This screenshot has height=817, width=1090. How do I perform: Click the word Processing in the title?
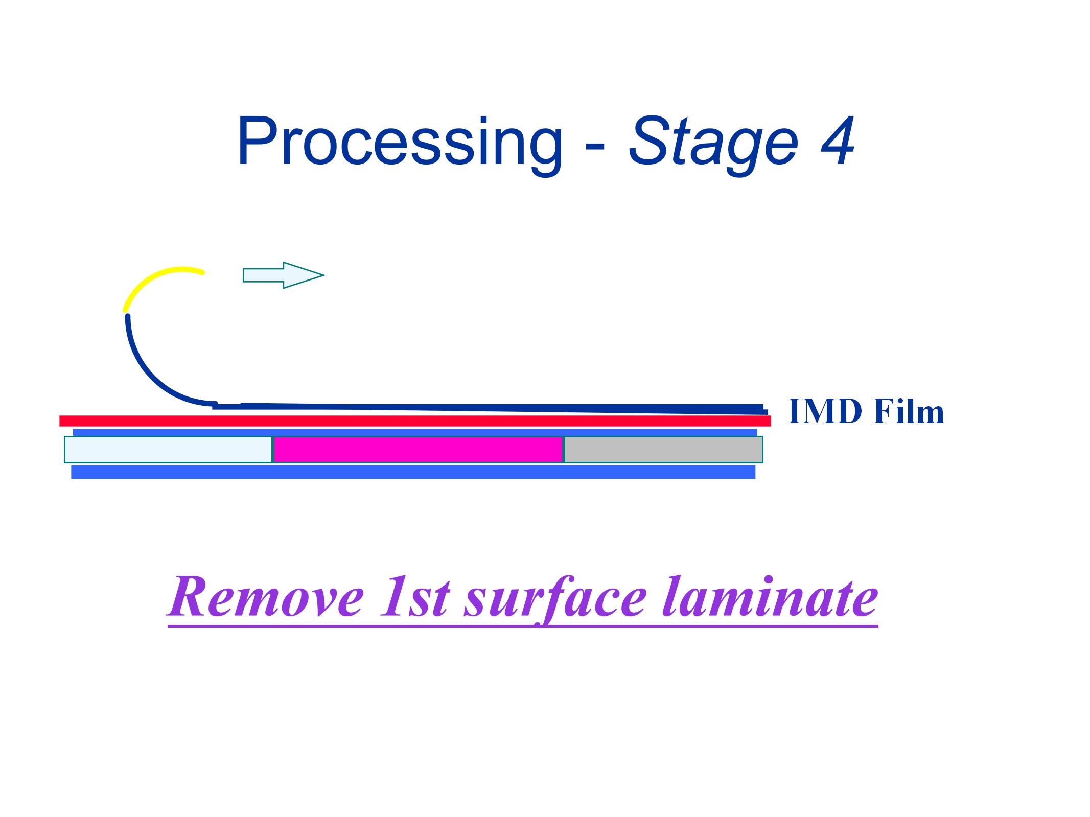click(x=400, y=143)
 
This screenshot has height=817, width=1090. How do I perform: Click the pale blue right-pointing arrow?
click(x=283, y=275)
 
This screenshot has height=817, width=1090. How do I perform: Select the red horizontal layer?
click(x=415, y=421)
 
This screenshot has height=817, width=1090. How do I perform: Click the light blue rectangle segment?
click(x=168, y=450)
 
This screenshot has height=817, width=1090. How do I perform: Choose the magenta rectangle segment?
click(x=418, y=450)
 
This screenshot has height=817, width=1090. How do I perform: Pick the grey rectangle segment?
click(x=663, y=450)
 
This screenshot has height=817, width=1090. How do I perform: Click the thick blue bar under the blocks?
click(x=413, y=472)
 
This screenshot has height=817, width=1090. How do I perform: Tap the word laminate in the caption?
click(x=770, y=597)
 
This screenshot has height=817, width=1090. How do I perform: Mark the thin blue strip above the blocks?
click(x=415, y=432)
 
